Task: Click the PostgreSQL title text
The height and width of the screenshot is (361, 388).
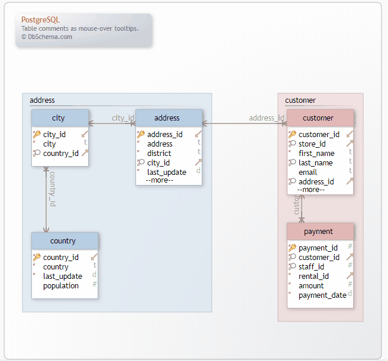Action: [x=40, y=19]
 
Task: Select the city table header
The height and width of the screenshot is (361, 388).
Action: [x=59, y=118]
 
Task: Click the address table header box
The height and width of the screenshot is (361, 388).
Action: [x=168, y=118]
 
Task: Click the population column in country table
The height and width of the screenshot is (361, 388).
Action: [x=61, y=285]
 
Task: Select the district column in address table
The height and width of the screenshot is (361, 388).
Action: [x=159, y=153]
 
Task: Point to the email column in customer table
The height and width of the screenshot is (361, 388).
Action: [x=308, y=172]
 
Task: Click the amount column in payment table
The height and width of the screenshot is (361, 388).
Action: [x=311, y=285]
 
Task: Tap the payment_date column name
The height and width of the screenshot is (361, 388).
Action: [x=322, y=295]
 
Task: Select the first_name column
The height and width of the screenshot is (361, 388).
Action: [x=316, y=153]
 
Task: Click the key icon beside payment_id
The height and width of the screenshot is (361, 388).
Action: [x=292, y=248]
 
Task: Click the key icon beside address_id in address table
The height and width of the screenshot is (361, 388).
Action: [x=141, y=134]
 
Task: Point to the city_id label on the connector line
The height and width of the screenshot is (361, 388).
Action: [x=123, y=118]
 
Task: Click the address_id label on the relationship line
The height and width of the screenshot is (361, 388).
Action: [x=266, y=118]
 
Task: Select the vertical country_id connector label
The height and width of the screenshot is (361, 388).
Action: [x=52, y=189]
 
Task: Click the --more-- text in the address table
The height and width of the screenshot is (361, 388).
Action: [x=159, y=180]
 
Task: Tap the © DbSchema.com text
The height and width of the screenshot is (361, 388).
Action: [x=47, y=36]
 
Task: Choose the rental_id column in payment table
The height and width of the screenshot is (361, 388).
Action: [x=313, y=276]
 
